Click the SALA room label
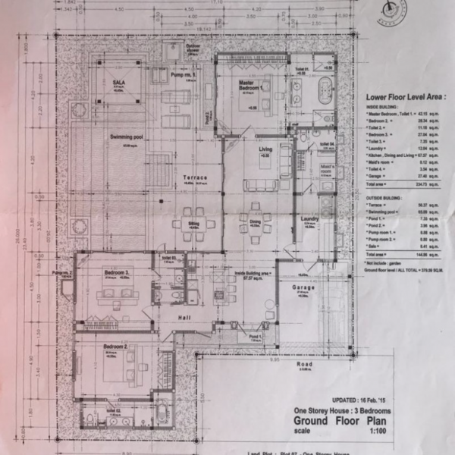(119, 81)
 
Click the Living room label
(265, 149)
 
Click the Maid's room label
(328, 168)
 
